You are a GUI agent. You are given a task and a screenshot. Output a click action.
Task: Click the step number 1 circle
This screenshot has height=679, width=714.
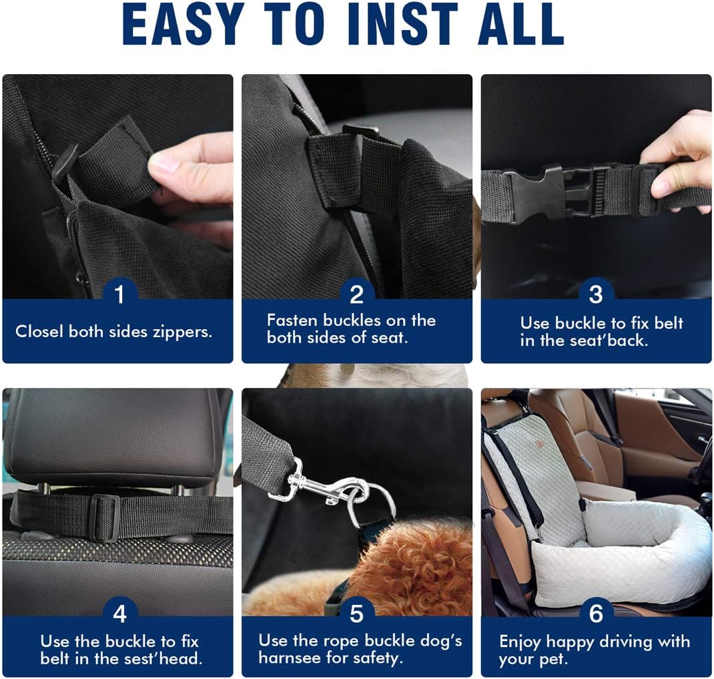tap(119, 294)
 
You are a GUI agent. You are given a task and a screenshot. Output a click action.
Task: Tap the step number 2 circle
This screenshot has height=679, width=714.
tap(357, 294)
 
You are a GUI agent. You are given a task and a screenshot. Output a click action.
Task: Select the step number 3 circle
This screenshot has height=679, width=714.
tap(596, 294)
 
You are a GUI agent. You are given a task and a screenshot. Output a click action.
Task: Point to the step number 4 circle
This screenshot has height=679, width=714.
tap(119, 613)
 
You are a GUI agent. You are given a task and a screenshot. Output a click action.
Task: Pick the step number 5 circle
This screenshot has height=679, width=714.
tap(357, 613)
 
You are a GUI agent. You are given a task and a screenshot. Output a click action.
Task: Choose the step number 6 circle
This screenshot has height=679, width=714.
tap(596, 613)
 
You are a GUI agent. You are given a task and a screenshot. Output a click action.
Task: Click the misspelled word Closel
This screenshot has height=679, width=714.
tap(40, 331)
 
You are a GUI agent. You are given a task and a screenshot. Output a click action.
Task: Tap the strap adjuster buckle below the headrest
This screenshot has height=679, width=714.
tap(105, 517)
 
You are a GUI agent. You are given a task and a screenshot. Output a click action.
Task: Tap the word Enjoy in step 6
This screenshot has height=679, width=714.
tap(520, 642)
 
